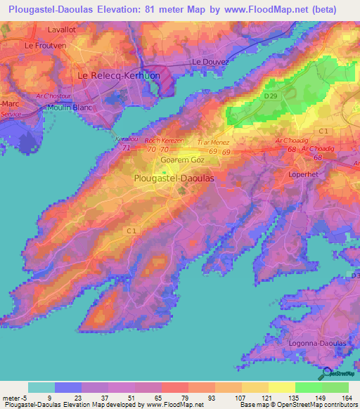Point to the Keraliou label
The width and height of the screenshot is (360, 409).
pos(127,140)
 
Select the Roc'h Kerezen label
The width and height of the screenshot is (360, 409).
pos(165,141)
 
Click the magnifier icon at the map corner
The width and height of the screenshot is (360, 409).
pos(328,373)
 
